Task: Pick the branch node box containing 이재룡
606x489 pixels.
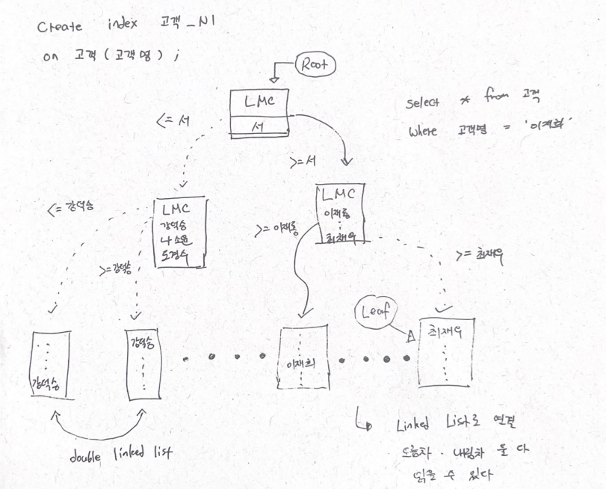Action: (339, 216)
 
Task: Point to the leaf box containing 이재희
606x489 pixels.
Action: (303, 358)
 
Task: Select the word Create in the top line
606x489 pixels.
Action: (59, 27)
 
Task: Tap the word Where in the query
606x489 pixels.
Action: (423, 132)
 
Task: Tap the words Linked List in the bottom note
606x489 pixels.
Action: (424, 426)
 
